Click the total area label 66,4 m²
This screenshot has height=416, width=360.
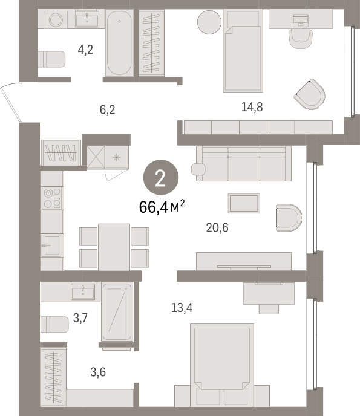162,207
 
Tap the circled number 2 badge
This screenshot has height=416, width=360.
161,177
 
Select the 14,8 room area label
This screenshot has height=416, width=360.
252,107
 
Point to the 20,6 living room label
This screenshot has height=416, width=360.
217,227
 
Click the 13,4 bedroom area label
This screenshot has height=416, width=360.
182,308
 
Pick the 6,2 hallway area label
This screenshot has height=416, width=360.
108,109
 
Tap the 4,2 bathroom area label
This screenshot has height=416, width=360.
85,50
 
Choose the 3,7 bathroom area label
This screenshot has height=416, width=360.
80,318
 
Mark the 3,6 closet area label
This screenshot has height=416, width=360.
98,372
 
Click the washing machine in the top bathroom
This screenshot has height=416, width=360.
56,19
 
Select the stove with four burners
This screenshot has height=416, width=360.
52,198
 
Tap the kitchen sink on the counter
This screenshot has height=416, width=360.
51,245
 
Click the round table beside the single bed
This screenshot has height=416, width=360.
209,22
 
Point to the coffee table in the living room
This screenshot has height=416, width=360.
244,203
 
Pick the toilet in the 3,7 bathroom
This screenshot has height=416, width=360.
54,324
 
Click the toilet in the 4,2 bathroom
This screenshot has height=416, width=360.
51,59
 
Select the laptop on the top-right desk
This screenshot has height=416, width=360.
301,21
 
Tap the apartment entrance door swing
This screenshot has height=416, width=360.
11,102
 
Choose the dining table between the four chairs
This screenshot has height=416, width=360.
114,247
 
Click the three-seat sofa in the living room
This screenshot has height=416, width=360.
244,163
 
